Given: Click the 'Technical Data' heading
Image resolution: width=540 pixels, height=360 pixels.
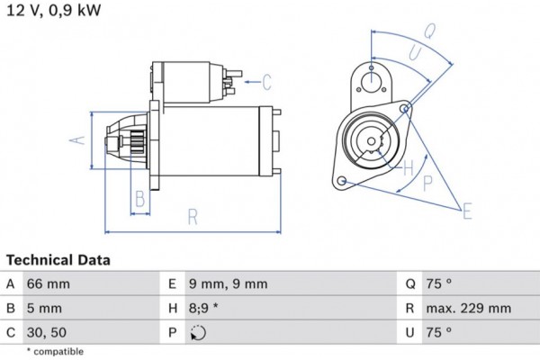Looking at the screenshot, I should [58, 260].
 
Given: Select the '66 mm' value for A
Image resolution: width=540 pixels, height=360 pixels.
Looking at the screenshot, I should [49, 284].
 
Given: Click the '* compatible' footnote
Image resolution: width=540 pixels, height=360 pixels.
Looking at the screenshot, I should [55, 351].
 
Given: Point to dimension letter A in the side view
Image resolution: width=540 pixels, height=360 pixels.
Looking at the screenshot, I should [78, 139].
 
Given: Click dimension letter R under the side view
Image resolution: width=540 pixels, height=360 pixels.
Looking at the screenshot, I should [193, 216].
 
